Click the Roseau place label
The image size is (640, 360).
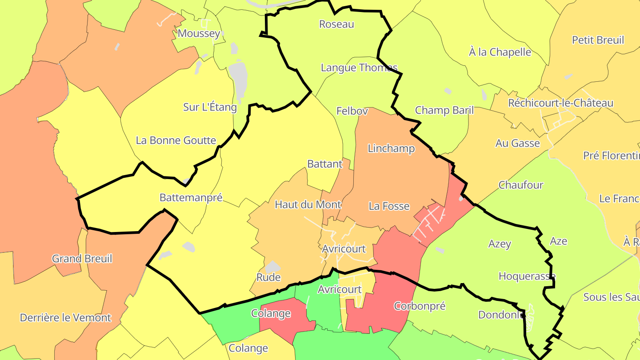tap(337, 24)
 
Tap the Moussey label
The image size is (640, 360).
tap(199, 33)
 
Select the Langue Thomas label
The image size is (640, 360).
tap(359, 68)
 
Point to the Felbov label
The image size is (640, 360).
tap(352, 111)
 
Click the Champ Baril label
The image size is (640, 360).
tap(444, 110)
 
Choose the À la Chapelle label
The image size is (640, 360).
tap(500, 52)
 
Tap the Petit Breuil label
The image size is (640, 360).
tap(598, 40)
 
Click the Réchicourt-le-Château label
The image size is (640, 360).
tap(561, 103)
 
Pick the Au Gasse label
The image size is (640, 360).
tap(518, 143)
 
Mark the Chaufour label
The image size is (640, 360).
tap(521, 185)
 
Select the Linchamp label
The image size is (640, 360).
tap(391, 148)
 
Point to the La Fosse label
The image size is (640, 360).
tap(389, 206)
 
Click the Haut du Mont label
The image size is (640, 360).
tap(308, 204)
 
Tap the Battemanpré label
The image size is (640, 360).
tap(191, 198)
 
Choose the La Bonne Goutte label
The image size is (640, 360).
tap(176, 140)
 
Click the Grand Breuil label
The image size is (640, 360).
tap(82, 259)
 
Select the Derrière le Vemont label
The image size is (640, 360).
tap(65, 318)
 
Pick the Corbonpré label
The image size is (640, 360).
tap(420, 306)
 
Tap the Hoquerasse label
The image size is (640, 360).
tap(527, 276)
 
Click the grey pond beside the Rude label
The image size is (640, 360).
tap(272, 267)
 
